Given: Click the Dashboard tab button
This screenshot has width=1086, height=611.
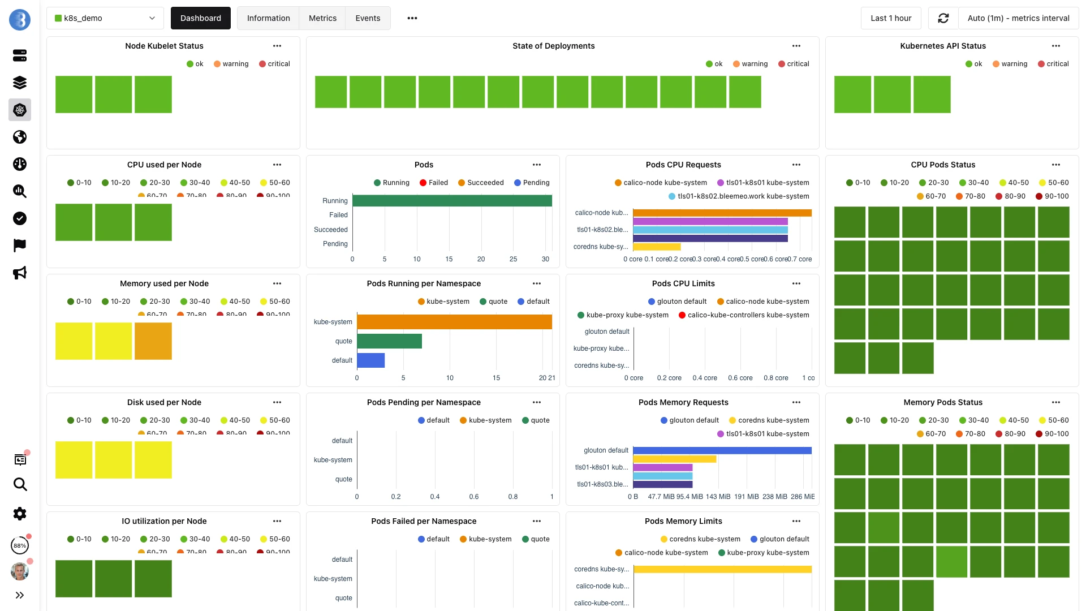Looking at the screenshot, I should tap(200, 18).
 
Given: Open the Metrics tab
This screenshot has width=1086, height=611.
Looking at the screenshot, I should tap(322, 18).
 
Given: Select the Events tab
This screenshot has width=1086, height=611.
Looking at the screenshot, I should tap(368, 18).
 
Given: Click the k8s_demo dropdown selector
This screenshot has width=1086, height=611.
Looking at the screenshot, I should tap(105, 18).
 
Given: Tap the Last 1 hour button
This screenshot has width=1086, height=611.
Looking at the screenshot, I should tap(891, 18).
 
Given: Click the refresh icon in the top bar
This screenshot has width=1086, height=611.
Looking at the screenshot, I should tap(943, 18).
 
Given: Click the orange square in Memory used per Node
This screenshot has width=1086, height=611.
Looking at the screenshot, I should tap(153, 341).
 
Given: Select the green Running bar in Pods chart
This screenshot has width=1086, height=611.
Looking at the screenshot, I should tap(452, 200).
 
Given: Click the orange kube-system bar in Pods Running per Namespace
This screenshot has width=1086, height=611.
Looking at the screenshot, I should tap(454, 322).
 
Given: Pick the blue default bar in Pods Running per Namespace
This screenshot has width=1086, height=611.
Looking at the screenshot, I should tap(371, 360).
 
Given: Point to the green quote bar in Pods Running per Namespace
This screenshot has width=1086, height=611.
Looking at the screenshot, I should tap(389, 341).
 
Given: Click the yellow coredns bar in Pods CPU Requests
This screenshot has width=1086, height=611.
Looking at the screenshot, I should tap(657, 247).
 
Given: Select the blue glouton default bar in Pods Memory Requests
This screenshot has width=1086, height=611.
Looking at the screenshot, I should tap(722, 450).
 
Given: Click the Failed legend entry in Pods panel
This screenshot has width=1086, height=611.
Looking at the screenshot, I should tap(433, 183).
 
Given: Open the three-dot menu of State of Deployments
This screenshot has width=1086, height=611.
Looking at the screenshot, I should tap(796, 46).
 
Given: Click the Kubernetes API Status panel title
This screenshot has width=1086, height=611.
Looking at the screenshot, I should tap(943, 46).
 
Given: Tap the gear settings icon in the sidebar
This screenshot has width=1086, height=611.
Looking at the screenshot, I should tap(20, 514).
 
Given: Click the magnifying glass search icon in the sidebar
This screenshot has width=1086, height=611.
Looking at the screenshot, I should tap(20, 484).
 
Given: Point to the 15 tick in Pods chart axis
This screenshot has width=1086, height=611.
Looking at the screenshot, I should tap(449, 259).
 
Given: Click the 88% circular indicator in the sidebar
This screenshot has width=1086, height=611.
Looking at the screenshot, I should tap(20, 545).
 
